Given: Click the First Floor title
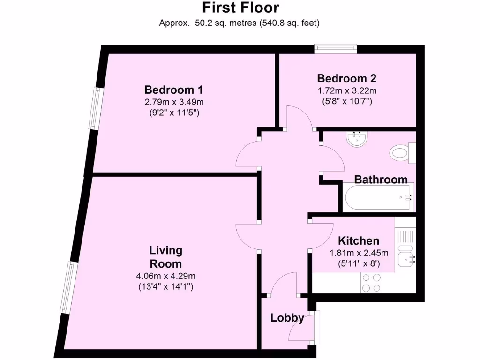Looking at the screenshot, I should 240,7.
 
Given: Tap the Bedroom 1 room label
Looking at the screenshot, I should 173,90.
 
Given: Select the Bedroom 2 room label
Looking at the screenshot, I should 346,78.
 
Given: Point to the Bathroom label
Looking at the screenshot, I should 381,179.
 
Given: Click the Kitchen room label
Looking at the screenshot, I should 359,240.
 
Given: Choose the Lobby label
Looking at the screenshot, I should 287,318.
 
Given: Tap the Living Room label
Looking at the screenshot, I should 165,256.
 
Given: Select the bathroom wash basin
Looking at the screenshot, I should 358,138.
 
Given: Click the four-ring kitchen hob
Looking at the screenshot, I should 371,283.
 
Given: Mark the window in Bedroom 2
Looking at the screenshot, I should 336,48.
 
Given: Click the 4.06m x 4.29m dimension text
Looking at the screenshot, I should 165,276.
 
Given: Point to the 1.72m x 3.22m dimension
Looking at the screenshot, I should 346,90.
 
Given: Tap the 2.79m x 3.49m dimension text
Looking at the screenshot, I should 173,102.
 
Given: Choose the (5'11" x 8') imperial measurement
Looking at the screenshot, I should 359,264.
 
